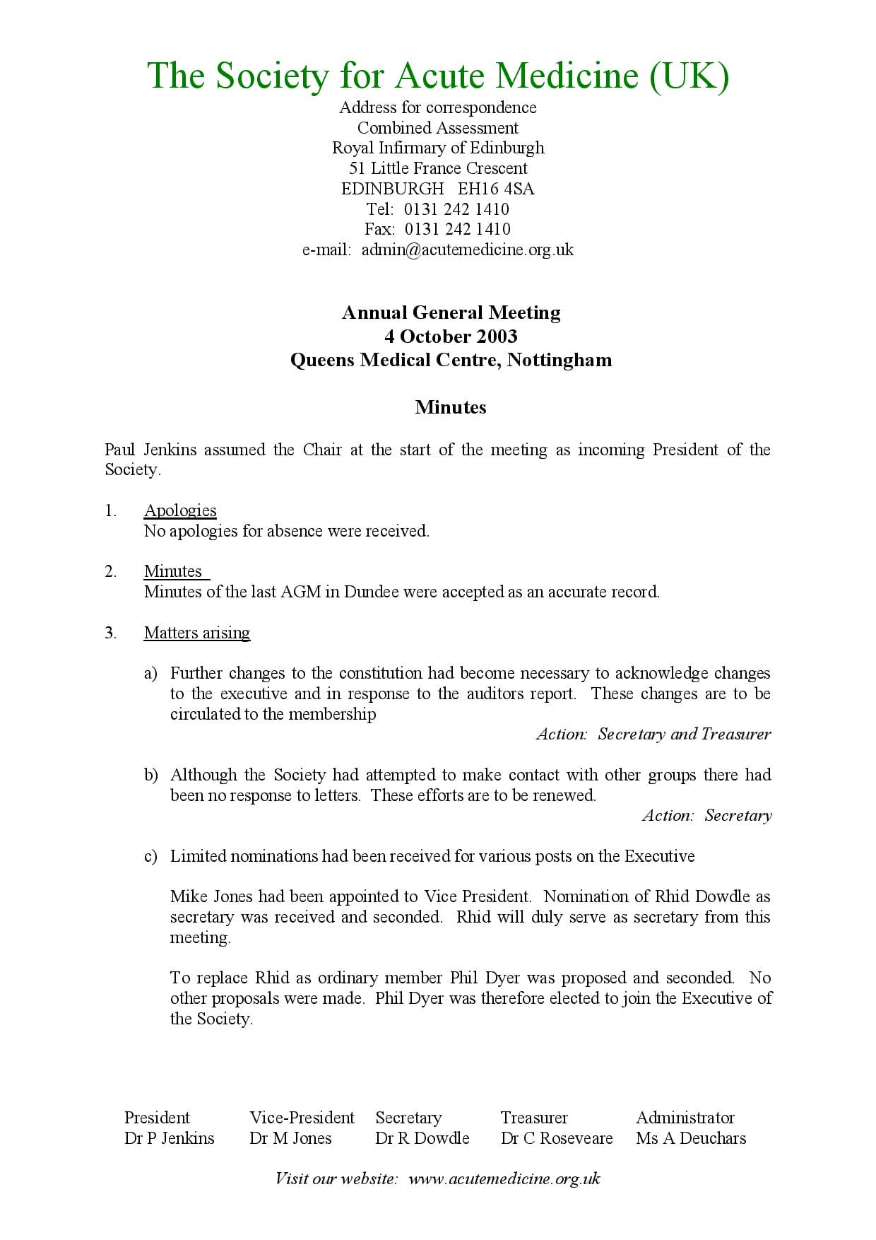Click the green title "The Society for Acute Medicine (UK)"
click(x=438, y=75)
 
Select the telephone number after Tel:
click(x=456, y=209)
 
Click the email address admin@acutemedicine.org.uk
click(x=467, y=250)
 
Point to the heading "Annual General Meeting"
click(x=451, y=312)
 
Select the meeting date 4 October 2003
click(x=451, y=336)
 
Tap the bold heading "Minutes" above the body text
click(x=451, y=407)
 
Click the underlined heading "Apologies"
click(x=180, y=510)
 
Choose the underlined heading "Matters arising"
click(x=197, y=633)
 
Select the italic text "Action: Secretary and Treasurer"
click(x=653, y=734)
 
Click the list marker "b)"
click(x=150, y=775)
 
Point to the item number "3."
click(x=111, y=633)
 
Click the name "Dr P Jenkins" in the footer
click(x=169, y=1138)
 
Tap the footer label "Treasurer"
click(x=533, y=1118)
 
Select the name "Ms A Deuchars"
click(x=690, y=1138)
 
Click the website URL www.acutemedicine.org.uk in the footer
click(x=504, y=1178)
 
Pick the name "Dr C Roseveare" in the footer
click(x=556, y=1138)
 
